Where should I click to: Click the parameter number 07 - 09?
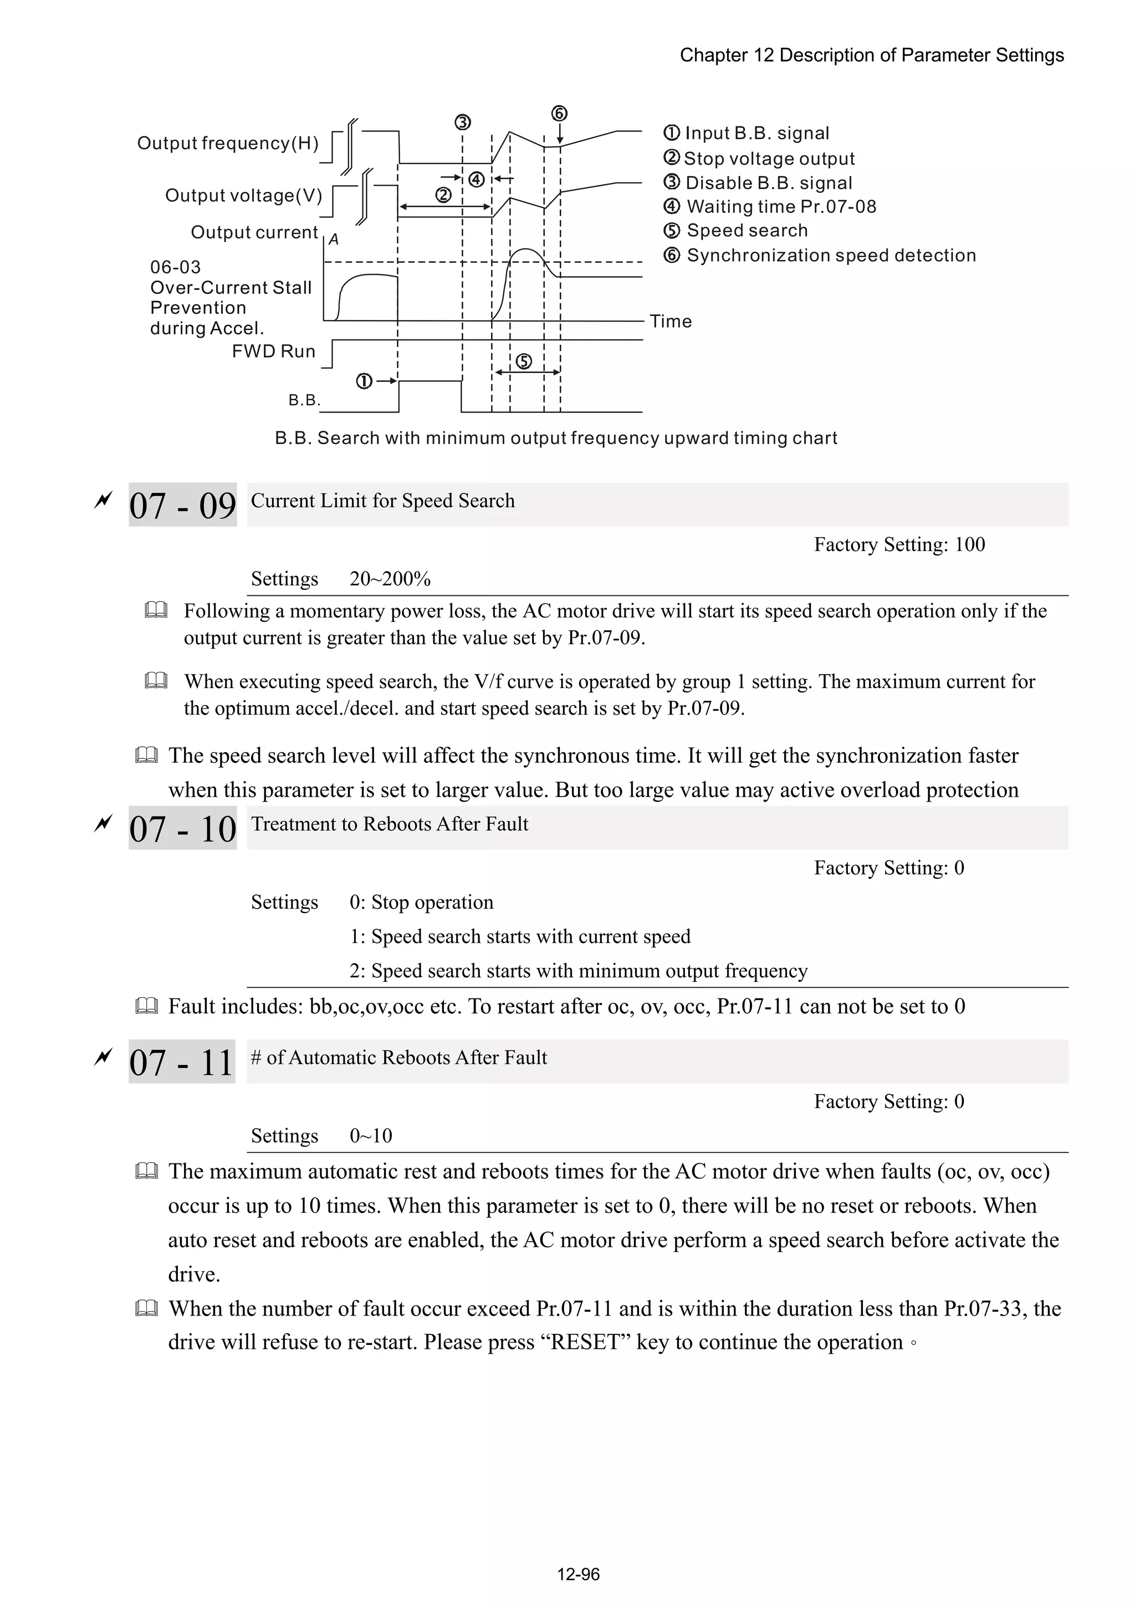coord(182,505)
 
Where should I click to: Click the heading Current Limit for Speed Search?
coord(382,501)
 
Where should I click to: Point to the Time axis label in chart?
coord(670,322)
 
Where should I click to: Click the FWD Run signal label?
coord(273,351)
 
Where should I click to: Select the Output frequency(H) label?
coord(227,144)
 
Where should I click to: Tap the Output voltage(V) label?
coord(243,195)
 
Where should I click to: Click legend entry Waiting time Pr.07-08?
coord(780,206)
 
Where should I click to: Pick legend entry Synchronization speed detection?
coord(830,256)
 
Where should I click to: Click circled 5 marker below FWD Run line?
coord(524,361)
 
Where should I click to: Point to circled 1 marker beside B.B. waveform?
coord(364,381)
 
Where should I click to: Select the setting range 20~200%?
coord(390,579)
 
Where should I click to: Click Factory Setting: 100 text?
coord(898,544)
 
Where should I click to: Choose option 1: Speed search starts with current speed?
coord(520,936)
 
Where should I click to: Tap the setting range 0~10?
coord(371,1135)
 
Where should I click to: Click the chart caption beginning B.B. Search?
coord(555,438)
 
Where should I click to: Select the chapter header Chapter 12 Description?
coord(871,55)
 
